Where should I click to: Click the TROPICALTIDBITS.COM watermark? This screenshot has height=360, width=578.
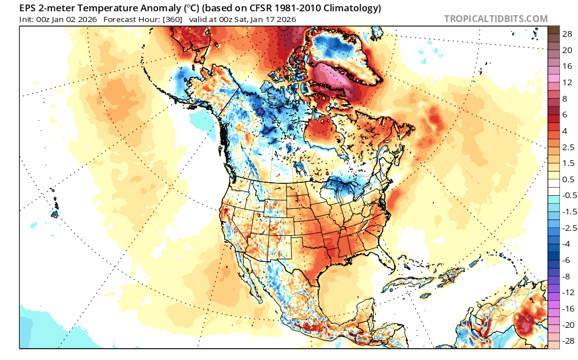[496, 19]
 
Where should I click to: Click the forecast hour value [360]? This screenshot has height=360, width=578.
[172, 19]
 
